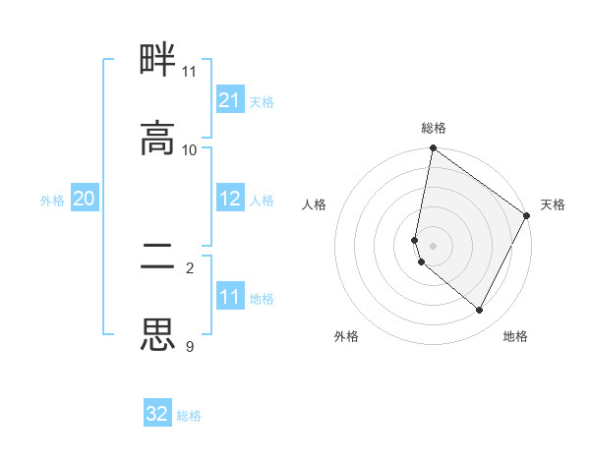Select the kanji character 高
(157, 139)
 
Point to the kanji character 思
(157, 335)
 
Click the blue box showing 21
(229, 100)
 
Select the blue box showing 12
(229, 199)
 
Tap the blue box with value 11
(229, 297)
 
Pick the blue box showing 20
(84, 199)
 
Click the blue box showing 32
(157, 414)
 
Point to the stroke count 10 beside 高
(190, 150)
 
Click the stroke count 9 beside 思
(190, 347)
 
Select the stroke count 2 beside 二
(190, 268)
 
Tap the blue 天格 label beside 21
(262, 101)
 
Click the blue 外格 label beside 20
(52, 200)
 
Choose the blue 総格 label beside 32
(190, 415)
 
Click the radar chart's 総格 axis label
(434, 128)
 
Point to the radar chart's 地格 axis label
(515, 336)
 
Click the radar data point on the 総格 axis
(433, 149)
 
